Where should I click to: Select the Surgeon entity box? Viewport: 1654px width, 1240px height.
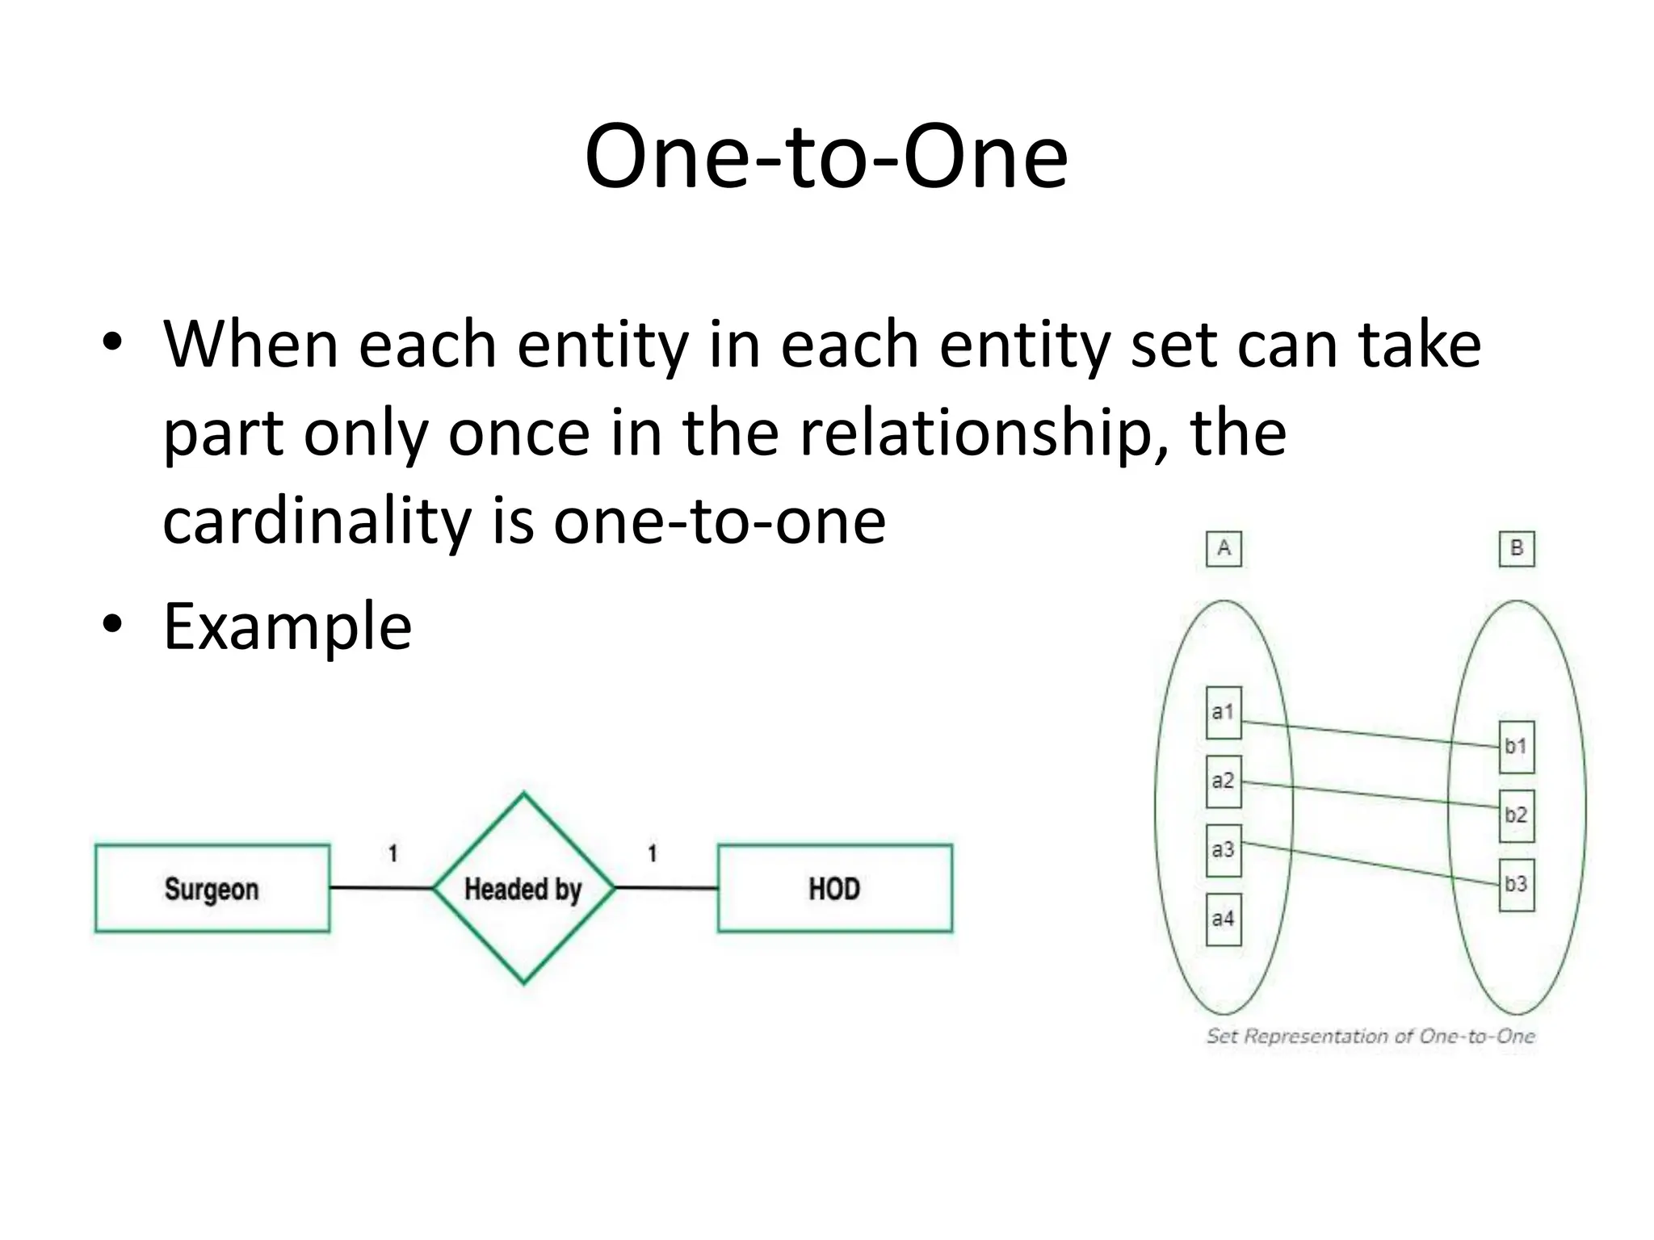pos(212,888)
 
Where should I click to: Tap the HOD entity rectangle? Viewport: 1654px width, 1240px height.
pos(834,888)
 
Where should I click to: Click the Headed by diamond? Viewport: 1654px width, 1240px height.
pos(523,888)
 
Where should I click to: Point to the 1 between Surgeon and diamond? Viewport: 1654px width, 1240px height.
pos(393,853)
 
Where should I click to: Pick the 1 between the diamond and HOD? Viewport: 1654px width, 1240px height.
pos(653,853)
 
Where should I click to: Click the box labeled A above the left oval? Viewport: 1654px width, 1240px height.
pos(1224,549)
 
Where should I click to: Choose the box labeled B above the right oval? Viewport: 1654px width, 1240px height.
pos(1516,549)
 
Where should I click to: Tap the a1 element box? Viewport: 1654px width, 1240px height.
pos(1223,712)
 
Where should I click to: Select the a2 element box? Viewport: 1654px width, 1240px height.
pos(1223,781)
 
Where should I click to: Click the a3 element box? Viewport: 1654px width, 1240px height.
pos(1223,850)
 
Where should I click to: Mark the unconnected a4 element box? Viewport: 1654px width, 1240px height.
pos(1223,919)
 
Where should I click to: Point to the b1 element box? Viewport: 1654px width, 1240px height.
pos(1516,747)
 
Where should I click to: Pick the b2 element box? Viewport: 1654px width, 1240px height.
pos(1516,815)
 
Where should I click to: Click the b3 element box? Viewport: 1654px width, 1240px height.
pos(1516,885)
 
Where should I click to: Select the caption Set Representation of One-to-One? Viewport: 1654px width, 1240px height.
pos(1370,1036)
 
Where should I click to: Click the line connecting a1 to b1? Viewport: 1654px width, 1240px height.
pos(1370,735)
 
